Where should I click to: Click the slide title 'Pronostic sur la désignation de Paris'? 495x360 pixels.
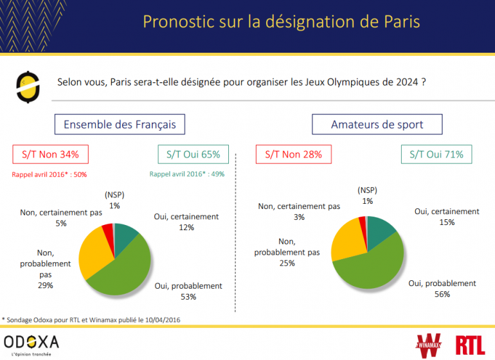[281, 22]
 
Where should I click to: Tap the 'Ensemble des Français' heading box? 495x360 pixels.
[120, 124]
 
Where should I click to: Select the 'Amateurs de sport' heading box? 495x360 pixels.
[377, 124]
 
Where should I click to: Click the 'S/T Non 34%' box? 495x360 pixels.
[50, 154]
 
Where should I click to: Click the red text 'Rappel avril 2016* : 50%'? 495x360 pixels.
[50, 174]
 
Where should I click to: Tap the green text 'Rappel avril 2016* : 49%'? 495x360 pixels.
[187, 174]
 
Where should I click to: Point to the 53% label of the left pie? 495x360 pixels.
[188, 297]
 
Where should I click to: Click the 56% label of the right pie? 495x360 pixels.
[442, 294]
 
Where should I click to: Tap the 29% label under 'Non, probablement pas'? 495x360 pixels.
[45, 285]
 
